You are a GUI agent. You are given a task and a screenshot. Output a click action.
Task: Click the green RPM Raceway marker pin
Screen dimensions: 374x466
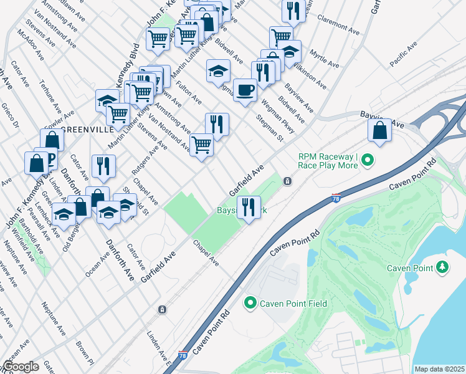[x=368, y=160]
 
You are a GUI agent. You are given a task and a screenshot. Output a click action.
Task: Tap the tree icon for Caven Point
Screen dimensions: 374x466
[x=443, y=267]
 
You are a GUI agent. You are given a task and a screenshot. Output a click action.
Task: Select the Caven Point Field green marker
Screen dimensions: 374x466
[x=250, y=303]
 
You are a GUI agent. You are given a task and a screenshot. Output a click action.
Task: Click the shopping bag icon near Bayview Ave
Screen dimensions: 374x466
[x=379, y=131]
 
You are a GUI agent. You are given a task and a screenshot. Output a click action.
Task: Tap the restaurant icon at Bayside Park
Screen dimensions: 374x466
[x=249, y=207]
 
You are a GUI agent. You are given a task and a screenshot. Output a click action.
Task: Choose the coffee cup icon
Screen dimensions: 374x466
[x=245, y=90]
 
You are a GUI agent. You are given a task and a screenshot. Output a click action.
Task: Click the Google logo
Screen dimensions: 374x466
[x=21, y=367]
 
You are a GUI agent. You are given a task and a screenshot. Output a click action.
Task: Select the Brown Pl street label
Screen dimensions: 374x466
[x=84, y=353]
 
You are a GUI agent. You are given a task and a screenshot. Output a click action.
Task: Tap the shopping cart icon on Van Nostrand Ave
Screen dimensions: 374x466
[x=201, y=145]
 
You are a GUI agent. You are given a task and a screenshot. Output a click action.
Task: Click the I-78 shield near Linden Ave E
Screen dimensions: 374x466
[x=182, y=356]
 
